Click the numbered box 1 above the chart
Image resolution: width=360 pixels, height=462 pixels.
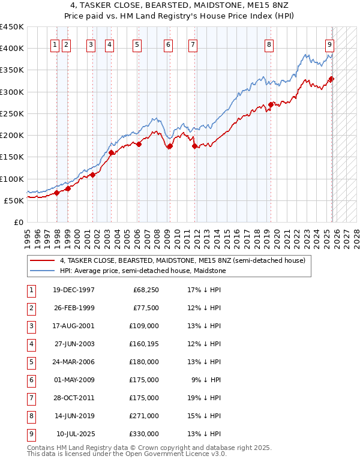[x=55, y=44]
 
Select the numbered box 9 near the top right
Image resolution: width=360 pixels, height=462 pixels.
[x=330, y=44]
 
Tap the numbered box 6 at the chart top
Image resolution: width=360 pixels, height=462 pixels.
[x=168, y=44]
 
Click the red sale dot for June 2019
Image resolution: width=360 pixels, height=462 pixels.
[x=271, y=104]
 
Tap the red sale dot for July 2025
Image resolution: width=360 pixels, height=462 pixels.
[x=331, y=79]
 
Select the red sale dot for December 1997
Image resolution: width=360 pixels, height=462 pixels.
[x=57, y=193]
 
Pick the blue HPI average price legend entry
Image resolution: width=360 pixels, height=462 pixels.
[x=142, y=271]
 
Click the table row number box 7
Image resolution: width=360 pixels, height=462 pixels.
[x=31, y=398]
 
